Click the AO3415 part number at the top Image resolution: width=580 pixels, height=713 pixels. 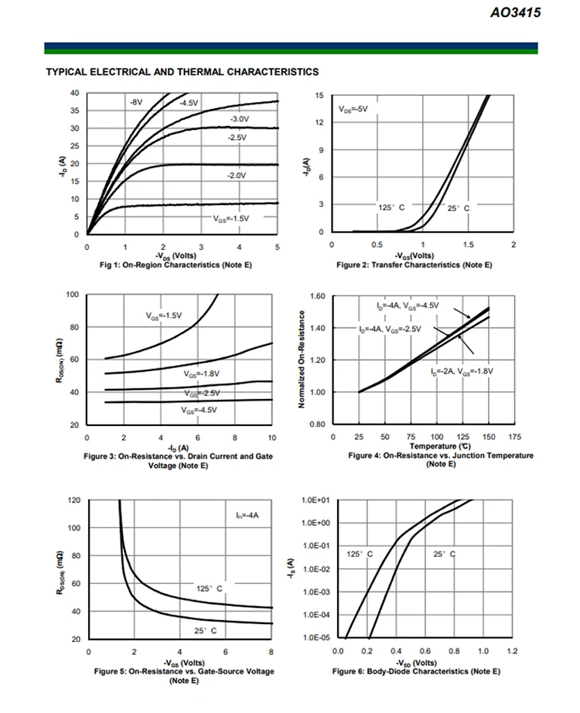tap(516, 12)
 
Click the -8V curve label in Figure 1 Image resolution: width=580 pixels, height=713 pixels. tap(135, 102)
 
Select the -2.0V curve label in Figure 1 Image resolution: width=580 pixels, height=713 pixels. tap(236, 176)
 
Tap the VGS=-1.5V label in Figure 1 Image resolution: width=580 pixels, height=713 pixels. tap(230, 219)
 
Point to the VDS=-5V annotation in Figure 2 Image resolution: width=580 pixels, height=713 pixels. tap(353, 110)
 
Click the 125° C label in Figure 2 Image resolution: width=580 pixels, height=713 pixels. tap(391, 208)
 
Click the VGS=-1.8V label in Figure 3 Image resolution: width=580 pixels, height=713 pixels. tap(201, 374)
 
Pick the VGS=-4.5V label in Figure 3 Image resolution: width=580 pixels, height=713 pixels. tap(200, 410)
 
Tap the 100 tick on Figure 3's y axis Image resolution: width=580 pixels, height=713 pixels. tap(73, 295)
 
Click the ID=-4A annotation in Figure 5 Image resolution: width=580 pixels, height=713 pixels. tap(247, 514)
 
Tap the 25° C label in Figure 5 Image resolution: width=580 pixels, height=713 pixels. tap(205, 631)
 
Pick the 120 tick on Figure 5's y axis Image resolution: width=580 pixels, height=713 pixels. tap(73, 500)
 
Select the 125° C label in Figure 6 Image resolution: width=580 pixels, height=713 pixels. tap(360, 554)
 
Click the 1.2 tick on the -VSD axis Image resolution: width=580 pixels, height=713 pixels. tap(512, 651)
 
